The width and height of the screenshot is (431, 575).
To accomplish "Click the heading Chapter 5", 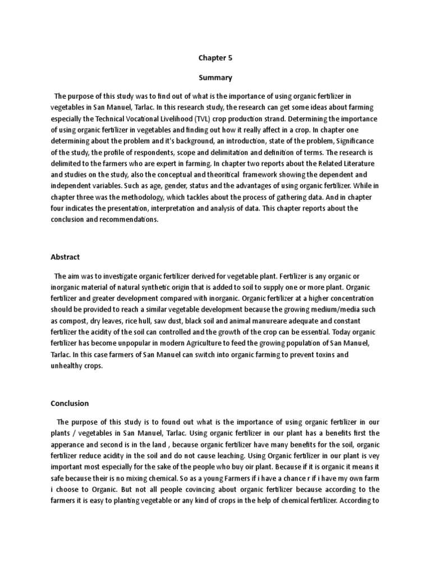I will pyautogui.click(x=215, y=57).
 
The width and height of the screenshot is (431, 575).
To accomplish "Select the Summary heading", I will pyautogui.click(x=215, y=77).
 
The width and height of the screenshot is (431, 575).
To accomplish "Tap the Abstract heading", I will pyautogui.click(x=65, y=257).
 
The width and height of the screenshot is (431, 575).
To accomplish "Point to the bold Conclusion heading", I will pyautogui.click(x=70, y=403).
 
